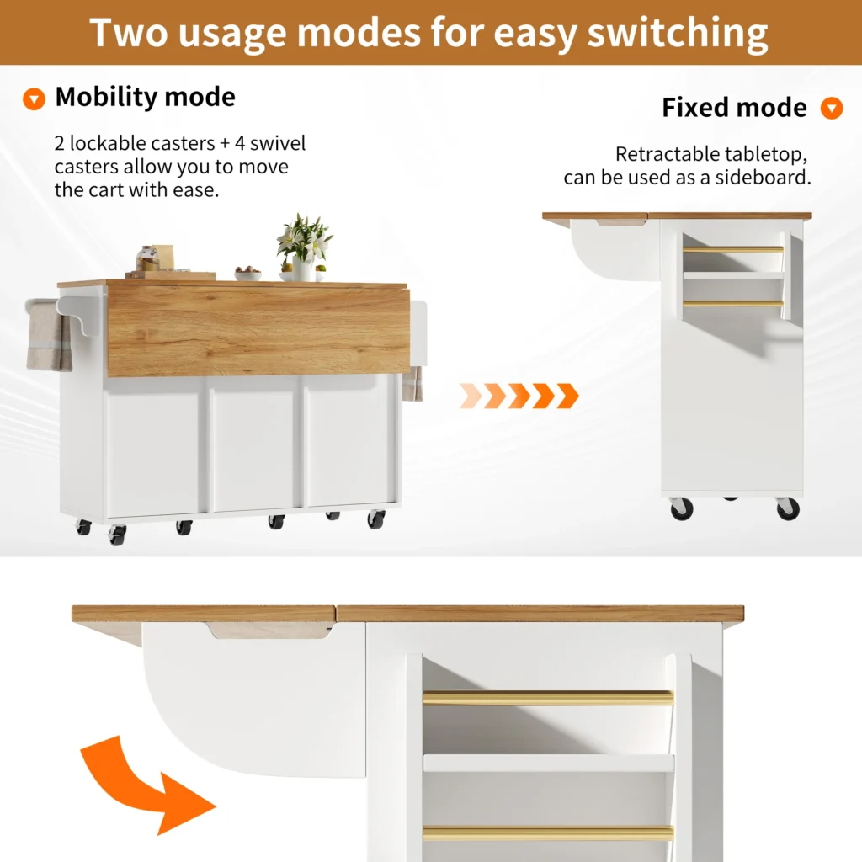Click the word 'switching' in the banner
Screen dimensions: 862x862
click(678, 34)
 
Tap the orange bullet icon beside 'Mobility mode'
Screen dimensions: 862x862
click(34, 99)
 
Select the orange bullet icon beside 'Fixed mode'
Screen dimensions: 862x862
click(831, 108)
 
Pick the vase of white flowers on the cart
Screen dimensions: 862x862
click(304, 247)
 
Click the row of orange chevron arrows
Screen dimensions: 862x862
click(519, 396)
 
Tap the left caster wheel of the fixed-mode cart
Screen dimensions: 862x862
click(682, 508)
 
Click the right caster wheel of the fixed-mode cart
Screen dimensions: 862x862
click(788, 508)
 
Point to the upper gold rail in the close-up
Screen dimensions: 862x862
click(548, 698)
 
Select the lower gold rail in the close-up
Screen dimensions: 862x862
click(548, 833)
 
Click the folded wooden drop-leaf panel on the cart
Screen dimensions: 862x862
click(258, 330)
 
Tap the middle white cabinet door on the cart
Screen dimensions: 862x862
click(254, 443)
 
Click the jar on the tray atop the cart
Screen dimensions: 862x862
click(146, 258)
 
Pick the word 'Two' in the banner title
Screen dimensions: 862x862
click(129, 33)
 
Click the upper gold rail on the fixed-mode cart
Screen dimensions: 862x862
click(733, 249)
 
